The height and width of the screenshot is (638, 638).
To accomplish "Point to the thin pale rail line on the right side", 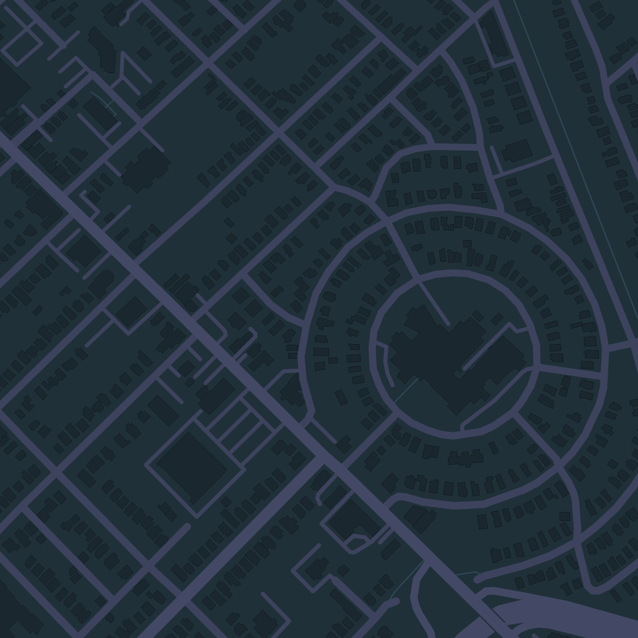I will click(578, 157).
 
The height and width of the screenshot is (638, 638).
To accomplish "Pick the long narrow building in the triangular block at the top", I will click(493, 35).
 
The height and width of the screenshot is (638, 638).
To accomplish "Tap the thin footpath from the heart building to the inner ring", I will click(407, 390).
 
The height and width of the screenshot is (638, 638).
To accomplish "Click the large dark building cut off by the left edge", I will click(10, 89).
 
